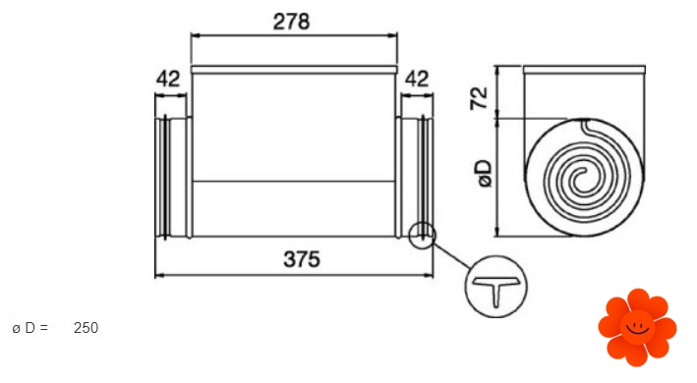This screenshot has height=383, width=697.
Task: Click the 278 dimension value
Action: click(291, 22)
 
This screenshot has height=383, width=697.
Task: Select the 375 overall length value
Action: click(302, 259)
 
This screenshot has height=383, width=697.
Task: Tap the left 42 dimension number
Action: click(168, 79)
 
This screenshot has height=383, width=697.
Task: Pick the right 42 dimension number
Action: click(417, 79)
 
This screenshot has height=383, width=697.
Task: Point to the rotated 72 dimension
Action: click(479, 98)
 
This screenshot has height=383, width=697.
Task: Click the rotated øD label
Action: click(485, 173)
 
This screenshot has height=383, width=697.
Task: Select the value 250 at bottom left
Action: click(86, 328)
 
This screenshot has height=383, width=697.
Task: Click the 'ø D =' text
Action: click(30, 328)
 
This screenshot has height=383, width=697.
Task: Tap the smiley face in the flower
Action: click(637, 328)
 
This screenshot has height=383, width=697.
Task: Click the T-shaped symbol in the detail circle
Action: click(496, 291)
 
